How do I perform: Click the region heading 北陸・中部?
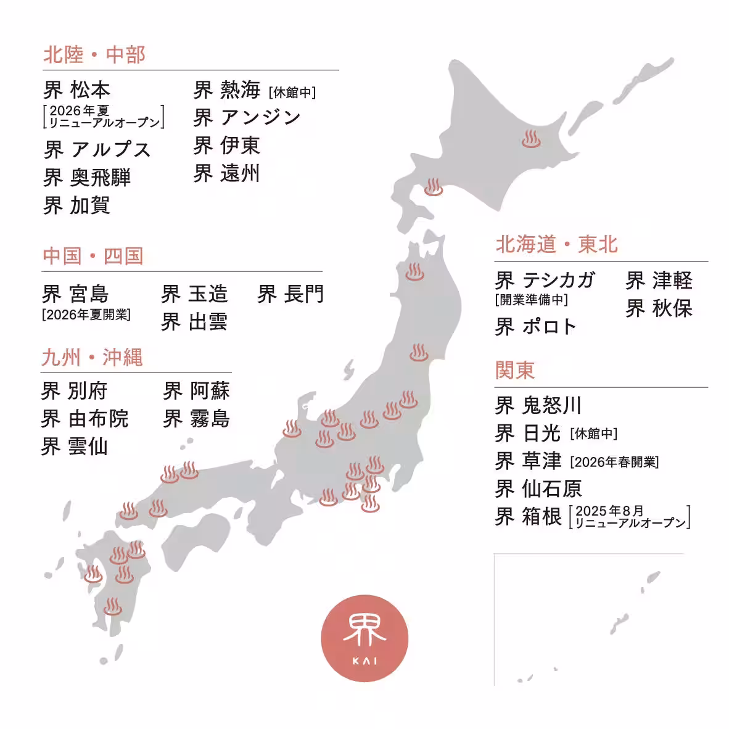click(x=94, y=55)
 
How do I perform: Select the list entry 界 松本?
click(x=77, y=90)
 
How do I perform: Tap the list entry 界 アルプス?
click(x=97, y=149)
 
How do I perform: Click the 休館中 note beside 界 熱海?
click(x=292, y=93)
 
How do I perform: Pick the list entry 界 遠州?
click(x=226, y=173)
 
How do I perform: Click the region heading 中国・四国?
click(x=93, y=256)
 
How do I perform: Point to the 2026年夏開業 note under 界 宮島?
click(x=86, y=315)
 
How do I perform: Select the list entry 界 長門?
click(x=290, y=294)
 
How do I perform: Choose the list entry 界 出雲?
click(x=194, y=322)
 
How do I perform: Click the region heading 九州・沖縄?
click(x=92, y=358)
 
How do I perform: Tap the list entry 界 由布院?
click(x=84, y=419)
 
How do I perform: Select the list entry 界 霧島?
click(x=196, y=419)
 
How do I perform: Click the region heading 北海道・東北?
click(x=556, y=244)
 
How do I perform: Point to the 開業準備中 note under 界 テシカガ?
click(x=531, y=300)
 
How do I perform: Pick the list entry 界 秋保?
click(x=659, y=308)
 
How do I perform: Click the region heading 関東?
click(x=515, y=371)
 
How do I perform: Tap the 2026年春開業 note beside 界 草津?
click(x=614, y=462)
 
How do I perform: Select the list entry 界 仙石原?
click(x=538, y=489)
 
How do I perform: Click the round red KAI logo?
click(x=364, y=638)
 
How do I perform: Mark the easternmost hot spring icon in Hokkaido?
click(x=531, y=139)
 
